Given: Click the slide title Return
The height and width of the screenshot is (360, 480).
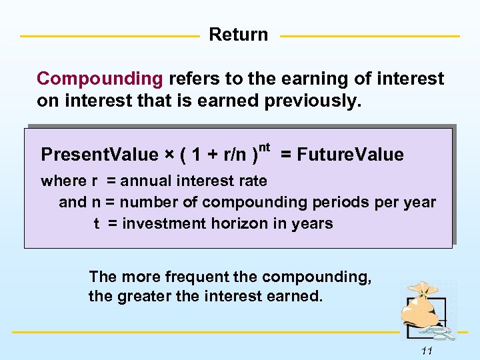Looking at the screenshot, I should tap(239, 35).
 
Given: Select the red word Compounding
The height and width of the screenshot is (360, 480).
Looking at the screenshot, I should tap(100, 79).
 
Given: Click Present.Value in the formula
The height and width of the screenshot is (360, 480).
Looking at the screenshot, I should tap(99, 155).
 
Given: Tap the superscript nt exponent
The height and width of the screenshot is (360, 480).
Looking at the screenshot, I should tap(264, 146).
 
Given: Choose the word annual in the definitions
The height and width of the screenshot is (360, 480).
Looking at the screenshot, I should tap(145, 181).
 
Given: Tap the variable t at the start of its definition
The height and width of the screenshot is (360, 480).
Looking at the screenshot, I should tap(97, 223).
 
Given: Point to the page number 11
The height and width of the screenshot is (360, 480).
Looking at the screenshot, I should tap(427, 351).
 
